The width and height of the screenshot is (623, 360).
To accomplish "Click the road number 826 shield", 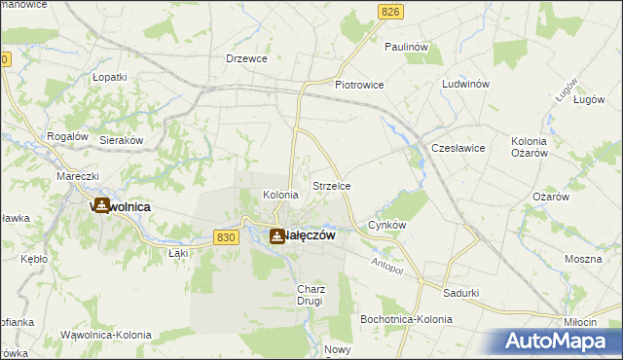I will point(390,11).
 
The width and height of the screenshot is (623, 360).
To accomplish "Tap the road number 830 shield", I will point(226,237).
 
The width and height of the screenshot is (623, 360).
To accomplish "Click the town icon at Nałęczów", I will point(277,235).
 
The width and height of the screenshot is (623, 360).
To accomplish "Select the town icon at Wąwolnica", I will point(99,206).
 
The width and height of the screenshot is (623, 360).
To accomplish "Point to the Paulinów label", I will point(407,47).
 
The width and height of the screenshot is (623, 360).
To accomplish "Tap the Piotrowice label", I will point(359,86).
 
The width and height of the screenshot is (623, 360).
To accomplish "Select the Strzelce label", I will point(331,185).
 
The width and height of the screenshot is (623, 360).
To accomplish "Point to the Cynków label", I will point(386,225).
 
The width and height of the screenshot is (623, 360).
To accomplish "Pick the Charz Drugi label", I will point(311,295).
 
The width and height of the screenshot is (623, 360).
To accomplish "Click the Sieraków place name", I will point(123,140).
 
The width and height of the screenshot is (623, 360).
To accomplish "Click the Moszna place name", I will point(583,261).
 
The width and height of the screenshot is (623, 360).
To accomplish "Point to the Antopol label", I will point(388,265).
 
